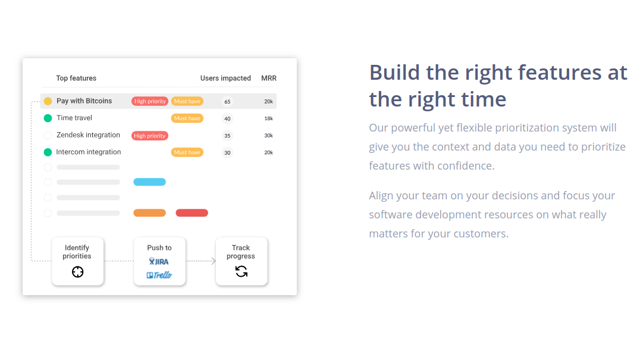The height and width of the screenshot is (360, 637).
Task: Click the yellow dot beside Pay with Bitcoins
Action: (x=48, y=101)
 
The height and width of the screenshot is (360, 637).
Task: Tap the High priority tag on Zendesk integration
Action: (x=149, y=136)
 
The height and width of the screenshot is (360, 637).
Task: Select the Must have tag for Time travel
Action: (x=187, y=118)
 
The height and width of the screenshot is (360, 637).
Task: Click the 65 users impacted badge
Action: (x=227, y=102)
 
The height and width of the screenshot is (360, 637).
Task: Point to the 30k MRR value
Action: (x=268, y=136)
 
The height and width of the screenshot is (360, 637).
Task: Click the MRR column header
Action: (x=268, y=78)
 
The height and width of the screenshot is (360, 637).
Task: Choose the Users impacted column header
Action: (x=225, y=78)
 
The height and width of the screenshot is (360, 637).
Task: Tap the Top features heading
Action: (x=76, y=78)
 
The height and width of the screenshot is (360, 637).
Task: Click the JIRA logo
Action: (x=159, y=261)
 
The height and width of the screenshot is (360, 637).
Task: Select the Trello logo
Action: (x=159, y=275)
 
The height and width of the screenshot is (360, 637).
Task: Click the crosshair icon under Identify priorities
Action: (x=77, y=272)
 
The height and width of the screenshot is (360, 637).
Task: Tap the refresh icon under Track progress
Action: (x=241, y=271)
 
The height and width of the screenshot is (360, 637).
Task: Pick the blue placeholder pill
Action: (x=149, y=182)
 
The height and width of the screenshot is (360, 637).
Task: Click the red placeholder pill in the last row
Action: (x=192, y=213)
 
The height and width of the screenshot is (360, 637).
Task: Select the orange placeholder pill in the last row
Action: (x=149, y=213)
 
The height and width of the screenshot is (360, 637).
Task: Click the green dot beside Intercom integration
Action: (x=48, y=152)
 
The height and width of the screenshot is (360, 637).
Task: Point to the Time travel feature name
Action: (x=74, y=118)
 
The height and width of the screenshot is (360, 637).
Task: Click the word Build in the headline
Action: (x=394, y=73)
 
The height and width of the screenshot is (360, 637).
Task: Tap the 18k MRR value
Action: (x=268, y=118)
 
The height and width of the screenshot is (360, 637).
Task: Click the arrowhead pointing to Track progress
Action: (x=214, y=261)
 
